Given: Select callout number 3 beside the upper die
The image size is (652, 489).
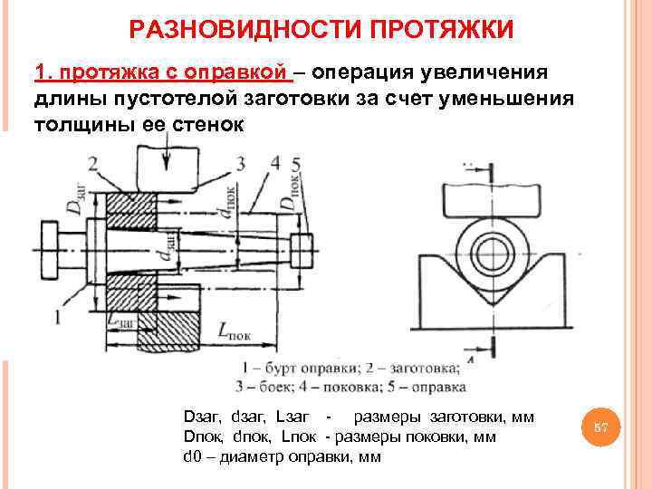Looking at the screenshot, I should [240, 163].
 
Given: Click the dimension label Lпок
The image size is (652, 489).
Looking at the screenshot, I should [234, 331].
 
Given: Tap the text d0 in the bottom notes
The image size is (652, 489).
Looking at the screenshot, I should [193, 455].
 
